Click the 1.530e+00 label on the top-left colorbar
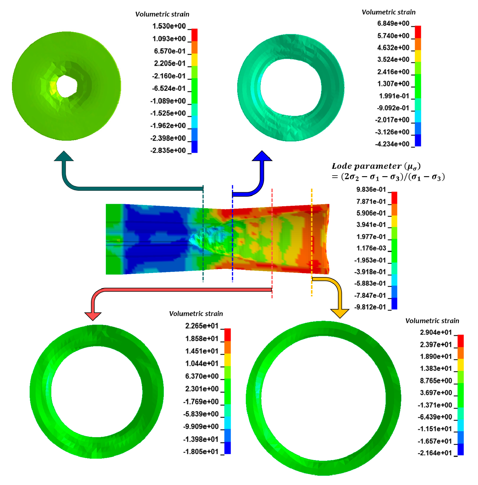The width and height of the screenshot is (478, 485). click(x=169, y=26)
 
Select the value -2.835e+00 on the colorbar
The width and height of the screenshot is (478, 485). click(x=168, y=150)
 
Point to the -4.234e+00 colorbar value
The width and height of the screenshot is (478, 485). click(x=392, y=144)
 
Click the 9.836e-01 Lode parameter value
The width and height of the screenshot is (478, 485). click(x=371, y=189)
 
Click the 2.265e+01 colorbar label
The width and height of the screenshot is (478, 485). click(x=202, y=326)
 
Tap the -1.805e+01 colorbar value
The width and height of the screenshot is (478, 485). click(x=201, y=451)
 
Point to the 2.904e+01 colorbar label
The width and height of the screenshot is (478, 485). click(x=436, y=332)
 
